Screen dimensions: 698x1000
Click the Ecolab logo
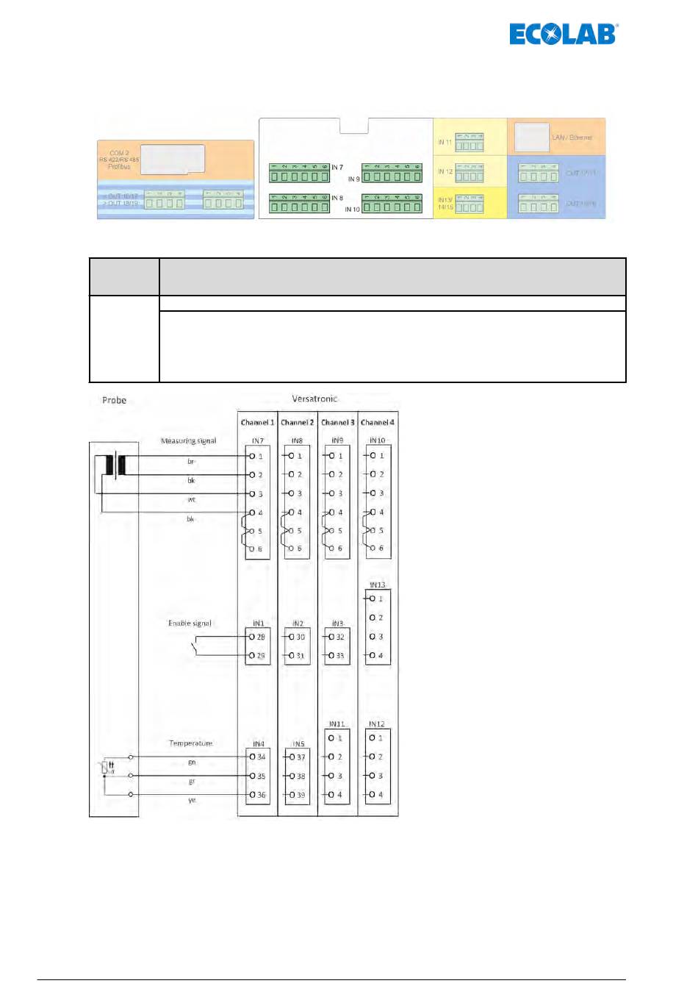[x=564, y=34]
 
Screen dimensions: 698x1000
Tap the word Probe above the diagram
[x=114, y=400]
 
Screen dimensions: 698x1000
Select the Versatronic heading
[x=314, y=399]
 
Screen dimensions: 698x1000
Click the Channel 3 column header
[x=337, y=422]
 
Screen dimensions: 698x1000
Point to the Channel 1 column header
[x=257, y=422]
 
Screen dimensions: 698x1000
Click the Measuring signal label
[x=188, y=440]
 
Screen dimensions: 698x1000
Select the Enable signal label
[x=190, y=623]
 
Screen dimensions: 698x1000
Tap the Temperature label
[x=190, y=743]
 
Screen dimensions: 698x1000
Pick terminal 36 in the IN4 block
[x=258, y=795]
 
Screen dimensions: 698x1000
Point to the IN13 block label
[x=377, y=585]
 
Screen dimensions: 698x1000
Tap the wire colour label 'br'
[x=191, y=462]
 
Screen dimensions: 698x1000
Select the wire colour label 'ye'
[x=192, y=800]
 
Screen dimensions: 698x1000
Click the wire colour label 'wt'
[x=191, y=500]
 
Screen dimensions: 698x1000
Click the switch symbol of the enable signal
[x=195, y=647]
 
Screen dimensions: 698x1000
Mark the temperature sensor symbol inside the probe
[x=107, y=768]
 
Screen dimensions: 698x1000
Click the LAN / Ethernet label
[x=572, y=137]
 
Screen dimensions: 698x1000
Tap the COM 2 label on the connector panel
[x=119, y=153]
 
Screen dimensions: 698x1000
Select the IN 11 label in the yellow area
[x=445, y=142]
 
